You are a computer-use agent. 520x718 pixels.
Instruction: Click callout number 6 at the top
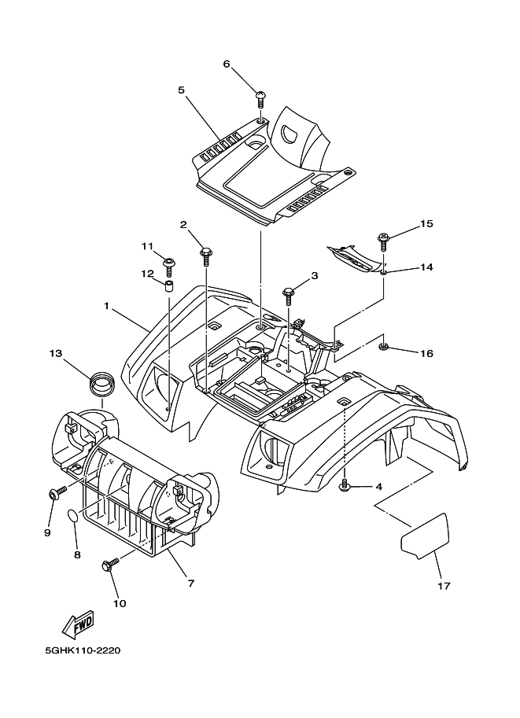tap(227, 64)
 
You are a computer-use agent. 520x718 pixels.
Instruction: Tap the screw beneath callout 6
tap(260, 98)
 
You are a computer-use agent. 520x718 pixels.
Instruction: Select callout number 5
tap(181, 90)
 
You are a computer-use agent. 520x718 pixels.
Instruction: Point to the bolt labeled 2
tap(206, 253)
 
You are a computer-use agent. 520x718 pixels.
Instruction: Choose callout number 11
tap(146, 246)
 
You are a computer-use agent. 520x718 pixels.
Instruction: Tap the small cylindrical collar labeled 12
tap(168, 284)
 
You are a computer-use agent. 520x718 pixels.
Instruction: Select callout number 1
tap(106, 304)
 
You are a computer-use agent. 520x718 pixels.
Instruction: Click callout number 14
tap(426, 267)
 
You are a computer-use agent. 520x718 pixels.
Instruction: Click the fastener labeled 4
tap(345, 488)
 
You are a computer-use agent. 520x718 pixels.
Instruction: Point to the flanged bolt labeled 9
tap(56, 494)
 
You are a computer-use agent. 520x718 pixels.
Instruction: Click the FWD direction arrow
tap(76, 626)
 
